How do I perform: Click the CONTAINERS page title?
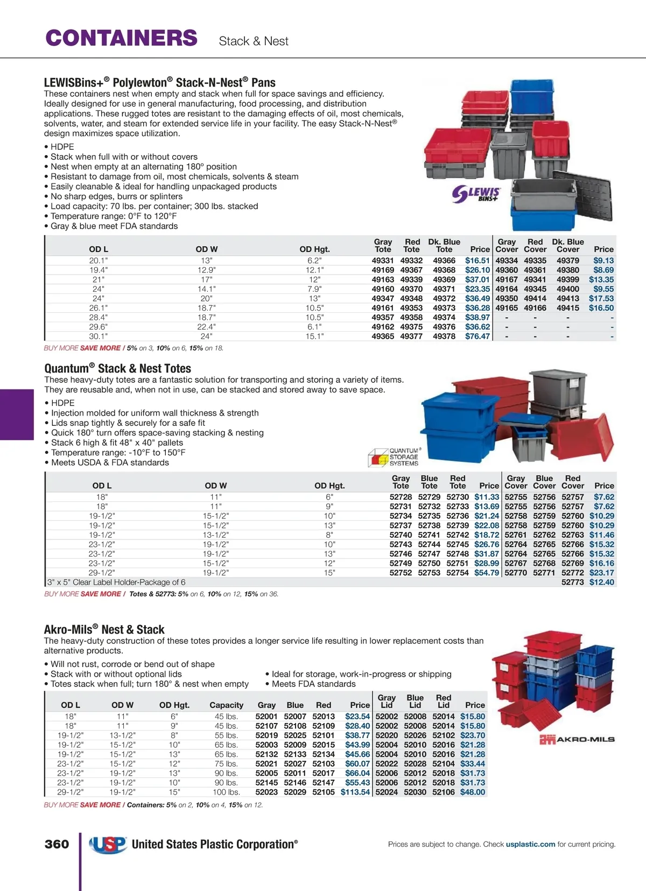pyautogui.click(x=122, y=38)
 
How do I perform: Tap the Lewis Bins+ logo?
pyautogui.click(x=476, y=194)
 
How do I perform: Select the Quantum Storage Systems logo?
pyautogui.click(x=394, y=457)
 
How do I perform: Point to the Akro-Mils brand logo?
pyautogui.click(x=577, y=740)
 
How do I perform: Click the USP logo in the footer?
pyautogui.click(x=108, y=844)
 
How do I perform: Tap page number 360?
pyautogui.click(x=57, y=844)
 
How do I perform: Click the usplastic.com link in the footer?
pyautogui.click(x=530, y=844)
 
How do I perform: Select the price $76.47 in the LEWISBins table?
pyautogui.click(x=478, y=336)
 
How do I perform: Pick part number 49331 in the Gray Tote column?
pyautogui.click(x=383, y=261)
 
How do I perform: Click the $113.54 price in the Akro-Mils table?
pyautogui.click(x=355, y=792)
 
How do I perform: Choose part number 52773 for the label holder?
pyautogui.click(x=573, y=583)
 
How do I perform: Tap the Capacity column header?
pyautogui.click(x=226, y=705)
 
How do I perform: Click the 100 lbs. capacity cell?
pyautogui.click(x=226, y=792)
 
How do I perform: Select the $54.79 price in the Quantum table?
pyautogui.click(x=487, y=573)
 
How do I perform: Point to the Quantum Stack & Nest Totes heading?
pyautogui.click(x=117, y=369)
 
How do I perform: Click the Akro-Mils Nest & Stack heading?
pyautogui.click(x=104, y=630)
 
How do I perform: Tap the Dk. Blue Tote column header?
pyautogui.click(x=444, y=245)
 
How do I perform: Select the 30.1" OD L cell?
pyautogui.click(x=99, y=336)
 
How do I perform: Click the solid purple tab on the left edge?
pyautogui.click(x=17, y=415)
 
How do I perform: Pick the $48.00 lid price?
pyautogui.click(x=473, y=792)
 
